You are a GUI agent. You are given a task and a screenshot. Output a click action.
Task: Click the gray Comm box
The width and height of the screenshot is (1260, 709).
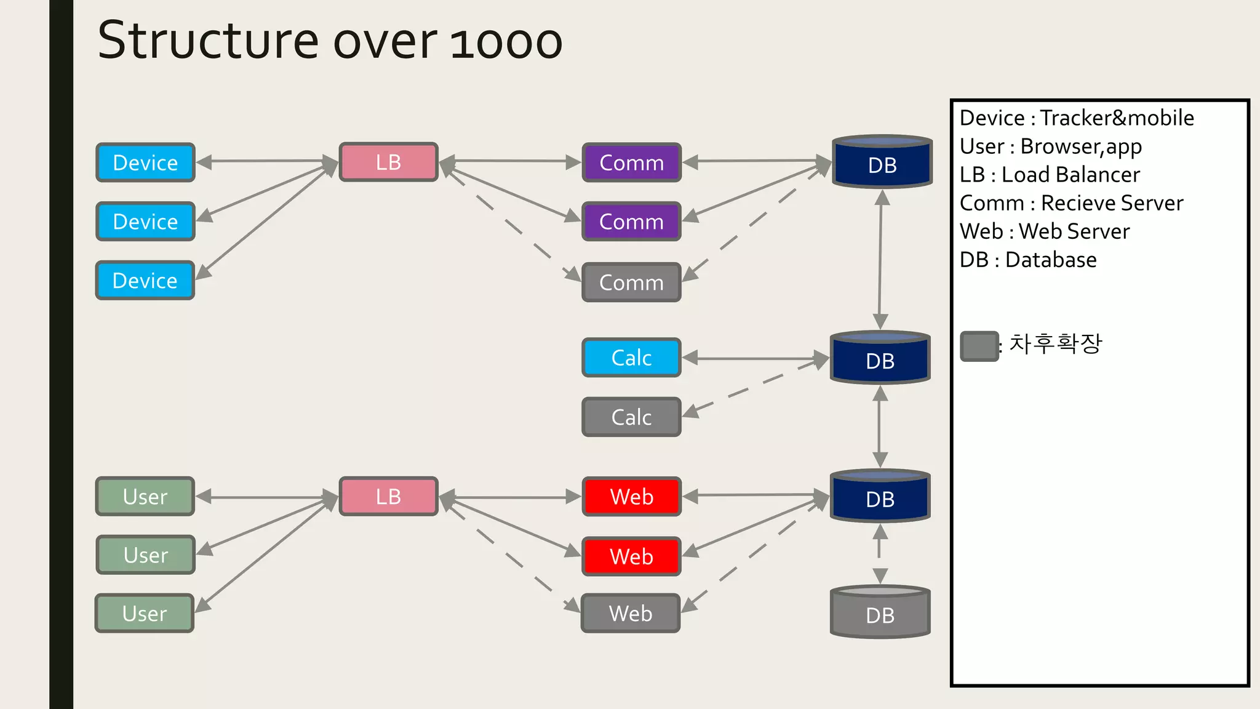pos(631,282)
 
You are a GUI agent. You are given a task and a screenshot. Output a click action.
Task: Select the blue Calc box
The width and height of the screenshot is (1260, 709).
pos(631,358)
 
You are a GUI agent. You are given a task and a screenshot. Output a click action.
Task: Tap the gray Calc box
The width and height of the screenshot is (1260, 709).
pos(631,417)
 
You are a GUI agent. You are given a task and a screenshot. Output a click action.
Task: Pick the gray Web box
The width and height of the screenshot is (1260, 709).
pos(631,614)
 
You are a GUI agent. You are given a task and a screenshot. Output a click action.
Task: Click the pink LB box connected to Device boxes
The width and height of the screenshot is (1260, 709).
pos(388,162)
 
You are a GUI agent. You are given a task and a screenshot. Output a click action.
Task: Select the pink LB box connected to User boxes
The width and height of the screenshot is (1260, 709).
pos(388,497)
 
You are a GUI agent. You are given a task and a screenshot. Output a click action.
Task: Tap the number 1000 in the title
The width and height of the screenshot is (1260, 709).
pos(506,42)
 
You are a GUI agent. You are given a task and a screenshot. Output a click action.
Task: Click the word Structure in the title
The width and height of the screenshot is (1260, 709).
pos(208,41)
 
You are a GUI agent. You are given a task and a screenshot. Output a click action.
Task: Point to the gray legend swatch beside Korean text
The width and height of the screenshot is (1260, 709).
pos(979,346)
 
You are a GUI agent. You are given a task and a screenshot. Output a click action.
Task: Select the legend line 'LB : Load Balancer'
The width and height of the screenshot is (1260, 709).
pos(1050,175)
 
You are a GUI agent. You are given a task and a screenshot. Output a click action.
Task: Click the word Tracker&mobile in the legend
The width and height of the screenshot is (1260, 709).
pos(1117,118)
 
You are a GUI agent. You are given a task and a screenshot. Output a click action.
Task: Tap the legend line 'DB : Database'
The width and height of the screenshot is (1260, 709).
pos(1027,260)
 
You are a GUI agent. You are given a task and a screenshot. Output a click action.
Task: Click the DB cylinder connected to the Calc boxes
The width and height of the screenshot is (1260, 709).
pos(880,359)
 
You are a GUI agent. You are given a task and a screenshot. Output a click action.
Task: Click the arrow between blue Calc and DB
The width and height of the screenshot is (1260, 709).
pos(756,358)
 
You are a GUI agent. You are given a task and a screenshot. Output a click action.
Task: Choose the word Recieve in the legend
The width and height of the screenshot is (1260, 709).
pos(1080,203)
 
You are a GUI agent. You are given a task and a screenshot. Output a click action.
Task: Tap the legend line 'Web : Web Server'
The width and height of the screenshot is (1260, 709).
pos(1045,231)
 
